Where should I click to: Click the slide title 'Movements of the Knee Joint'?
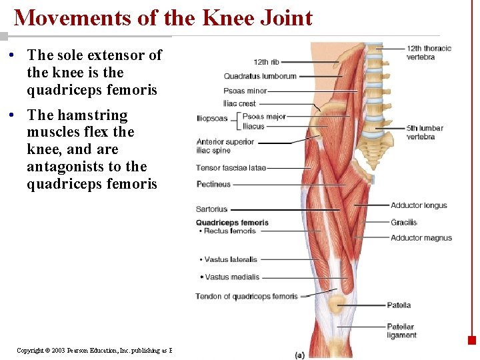(163, 17)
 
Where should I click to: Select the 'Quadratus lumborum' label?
(260, 76)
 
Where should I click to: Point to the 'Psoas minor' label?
(245, 91)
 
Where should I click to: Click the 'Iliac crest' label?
(239, 103)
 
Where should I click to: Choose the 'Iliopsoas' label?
(212, 119)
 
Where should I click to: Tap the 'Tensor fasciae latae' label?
(231, 167)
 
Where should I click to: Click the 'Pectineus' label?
(213, 184)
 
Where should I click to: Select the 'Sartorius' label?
(212, 209)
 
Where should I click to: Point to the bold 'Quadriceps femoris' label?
(232, 223)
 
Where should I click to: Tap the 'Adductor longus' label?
(419, 205)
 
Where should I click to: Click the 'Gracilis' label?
(403, 222)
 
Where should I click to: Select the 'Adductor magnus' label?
(421, 238)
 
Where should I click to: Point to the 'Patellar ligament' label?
(401, 331)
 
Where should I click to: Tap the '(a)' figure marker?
(300, 355)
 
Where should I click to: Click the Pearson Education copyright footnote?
(94, 350)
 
